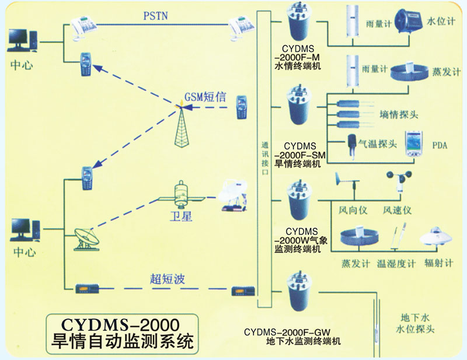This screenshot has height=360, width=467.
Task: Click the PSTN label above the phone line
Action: click(155, 16)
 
